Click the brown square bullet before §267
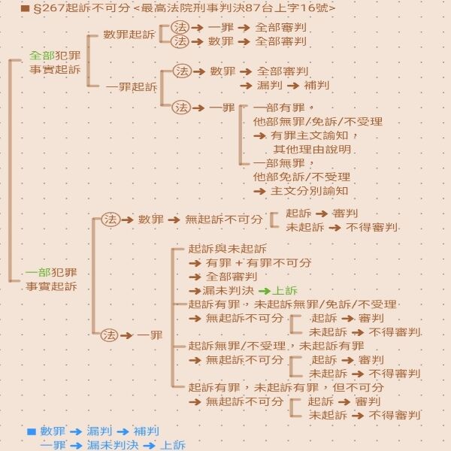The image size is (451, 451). pos(26,8)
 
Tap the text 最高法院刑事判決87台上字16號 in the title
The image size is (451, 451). pos(235,8)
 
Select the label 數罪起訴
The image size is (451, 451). pos(129,35)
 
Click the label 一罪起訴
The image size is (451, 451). pos(132,86)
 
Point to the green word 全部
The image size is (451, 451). pos(42,56)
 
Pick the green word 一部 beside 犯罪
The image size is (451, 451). pos(38,272)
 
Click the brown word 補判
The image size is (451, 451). pos(316,85)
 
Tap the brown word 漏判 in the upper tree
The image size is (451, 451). pos(270,85)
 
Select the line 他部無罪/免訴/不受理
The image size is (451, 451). pos(318,122)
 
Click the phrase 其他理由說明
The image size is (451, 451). pos(313,150)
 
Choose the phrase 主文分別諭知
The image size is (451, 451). pos(310,191)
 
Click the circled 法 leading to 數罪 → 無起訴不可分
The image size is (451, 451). pos(110,219)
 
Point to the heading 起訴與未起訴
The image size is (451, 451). pos(228,249)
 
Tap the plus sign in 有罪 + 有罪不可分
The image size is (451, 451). pos(239,263)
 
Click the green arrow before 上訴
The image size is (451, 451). pos(265,291)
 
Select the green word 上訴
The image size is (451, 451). pos(285,290)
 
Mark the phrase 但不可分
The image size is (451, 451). pos(359,387)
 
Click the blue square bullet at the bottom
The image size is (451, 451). pos(32,431)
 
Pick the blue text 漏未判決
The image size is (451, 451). pos(113,445)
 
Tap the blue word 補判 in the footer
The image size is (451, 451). pos(147,431)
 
